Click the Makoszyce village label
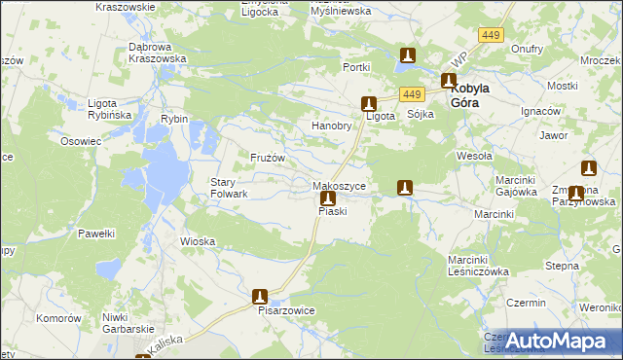click(339, 185)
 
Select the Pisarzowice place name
click(285, 311)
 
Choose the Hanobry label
click(330, 126)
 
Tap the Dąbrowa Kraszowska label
click(157, 53)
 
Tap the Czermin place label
click(527, 304)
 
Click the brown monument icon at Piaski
click(328, 198)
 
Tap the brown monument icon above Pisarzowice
click(260, 296)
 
